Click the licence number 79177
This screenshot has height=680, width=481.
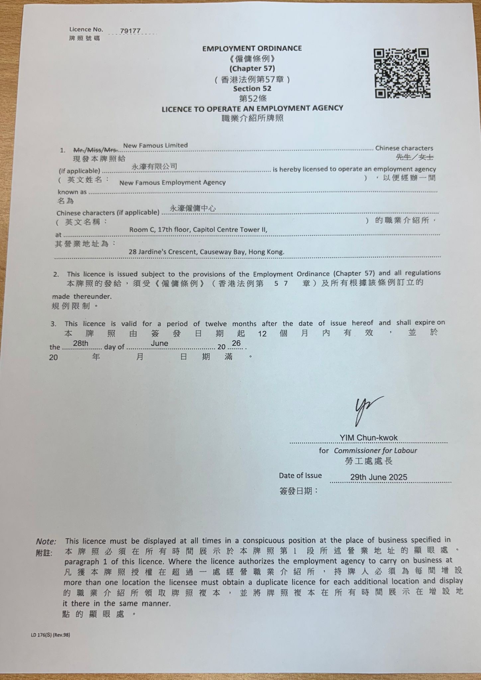[x=130, y=31]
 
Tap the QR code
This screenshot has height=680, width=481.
[x=402, y=73]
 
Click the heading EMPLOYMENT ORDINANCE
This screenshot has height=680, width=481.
[x=252, y=48]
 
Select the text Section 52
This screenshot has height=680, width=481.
[x=252, y=89]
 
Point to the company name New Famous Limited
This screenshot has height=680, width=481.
[x=155, y=145]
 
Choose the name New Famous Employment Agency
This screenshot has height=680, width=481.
[x=172, y=183]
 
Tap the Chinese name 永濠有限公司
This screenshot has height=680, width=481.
[x=154, y=166]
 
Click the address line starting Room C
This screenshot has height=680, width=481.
[x=198, y=229]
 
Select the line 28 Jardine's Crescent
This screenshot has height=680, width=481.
[x=206, y=252]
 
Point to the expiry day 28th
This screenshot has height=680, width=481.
[x=81, y=343]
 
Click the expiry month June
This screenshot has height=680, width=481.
[x=159, y=343]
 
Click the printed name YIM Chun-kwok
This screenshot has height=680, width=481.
[x=368, y=438]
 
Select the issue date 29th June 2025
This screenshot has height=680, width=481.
[x=378, y=477]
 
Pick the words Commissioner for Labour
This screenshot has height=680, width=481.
[x=375, y=451]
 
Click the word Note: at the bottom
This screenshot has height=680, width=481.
[x=46, y=542]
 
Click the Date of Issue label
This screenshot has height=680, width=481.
[x=300, y=475]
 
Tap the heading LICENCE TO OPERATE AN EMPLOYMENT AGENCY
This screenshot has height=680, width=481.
[x=252, y=109]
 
